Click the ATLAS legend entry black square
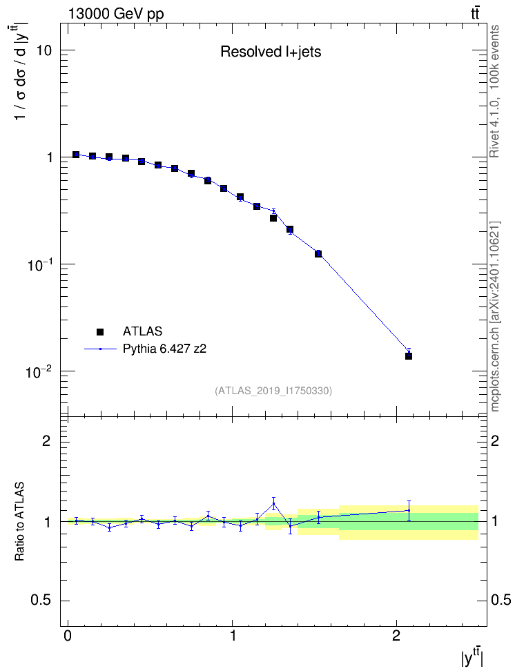[x=100, y=331]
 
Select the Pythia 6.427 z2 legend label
[x=164, y=349]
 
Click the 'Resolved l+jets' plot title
[x=271, y=52]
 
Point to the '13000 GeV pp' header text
[x=116, y=14]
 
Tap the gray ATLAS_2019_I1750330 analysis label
[x=273, y=390]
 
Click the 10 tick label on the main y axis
[x=43, y=50]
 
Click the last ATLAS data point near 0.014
[x=409, y=356]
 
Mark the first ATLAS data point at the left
[x=76, y=155]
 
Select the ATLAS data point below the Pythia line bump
[x=273, y=218]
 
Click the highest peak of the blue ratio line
[x=273, y=504]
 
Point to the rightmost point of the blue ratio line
[x=409, y=510]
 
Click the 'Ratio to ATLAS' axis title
[x=19, y=522]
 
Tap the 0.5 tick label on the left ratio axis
[x=41, y=601]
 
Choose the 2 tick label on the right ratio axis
[x=495, y=440]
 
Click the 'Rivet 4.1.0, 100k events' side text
[x=494, y=91]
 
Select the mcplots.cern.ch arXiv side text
[x=494, y=317]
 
